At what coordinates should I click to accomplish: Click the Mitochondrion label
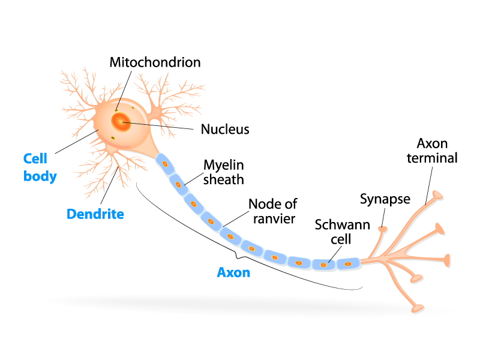click(155, 62)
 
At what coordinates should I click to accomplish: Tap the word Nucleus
click(225, 129)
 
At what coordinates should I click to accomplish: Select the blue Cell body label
click(40, 167)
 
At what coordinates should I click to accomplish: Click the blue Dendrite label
click(95, 214)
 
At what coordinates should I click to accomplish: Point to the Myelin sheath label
click(224, 171)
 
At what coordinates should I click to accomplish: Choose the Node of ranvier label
click(273, 211)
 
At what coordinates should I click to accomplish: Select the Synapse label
click(385, 199)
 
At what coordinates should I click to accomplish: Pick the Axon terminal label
click(432, 151)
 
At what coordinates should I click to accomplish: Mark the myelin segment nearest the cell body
click(164, 163)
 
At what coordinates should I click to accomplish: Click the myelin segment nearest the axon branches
click(347, 263)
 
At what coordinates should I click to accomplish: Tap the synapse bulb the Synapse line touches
click(382, 229)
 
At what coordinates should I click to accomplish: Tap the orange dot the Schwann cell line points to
click(323, 263)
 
